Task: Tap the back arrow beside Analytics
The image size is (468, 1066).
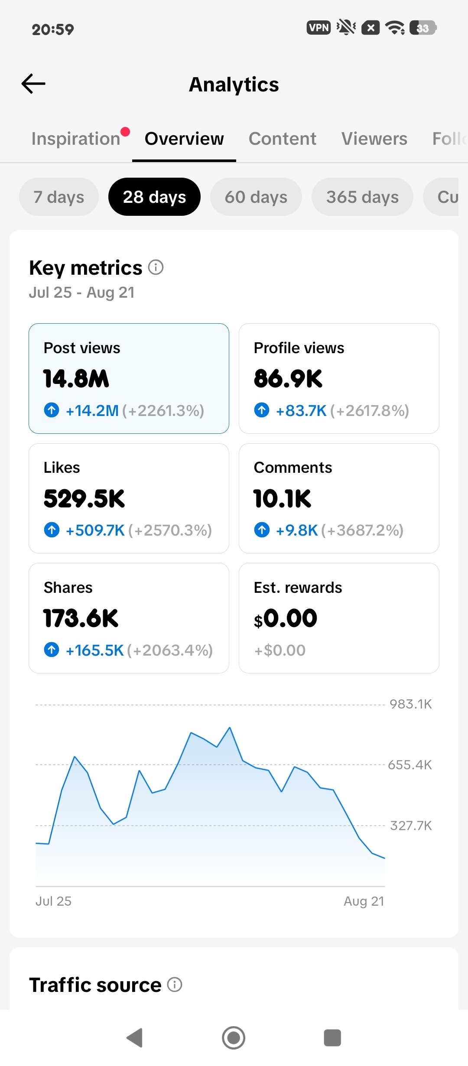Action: pos(33,84)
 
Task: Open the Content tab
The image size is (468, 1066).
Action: pos(282,139)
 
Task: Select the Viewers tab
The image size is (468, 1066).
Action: pos(374,139)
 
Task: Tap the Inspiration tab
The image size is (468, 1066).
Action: pos(76,139)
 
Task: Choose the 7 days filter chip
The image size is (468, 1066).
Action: pos(59,197)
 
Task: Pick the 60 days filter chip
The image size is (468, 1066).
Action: pos(256,197)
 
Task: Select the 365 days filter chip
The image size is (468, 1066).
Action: pos(362,197)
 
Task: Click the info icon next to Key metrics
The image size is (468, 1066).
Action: pos(156,267)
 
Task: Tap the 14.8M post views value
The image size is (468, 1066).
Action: pos(76,378)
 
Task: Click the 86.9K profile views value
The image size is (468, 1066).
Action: pos(288,378)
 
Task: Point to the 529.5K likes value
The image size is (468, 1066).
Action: pos(84,498)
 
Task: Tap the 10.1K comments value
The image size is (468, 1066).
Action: pos(283,498)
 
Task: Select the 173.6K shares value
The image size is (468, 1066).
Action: pos(81,618)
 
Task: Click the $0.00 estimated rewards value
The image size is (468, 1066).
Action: pos(286,618)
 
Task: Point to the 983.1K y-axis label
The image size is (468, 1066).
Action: pos(410,704)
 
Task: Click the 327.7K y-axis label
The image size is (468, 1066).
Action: pos(411,825)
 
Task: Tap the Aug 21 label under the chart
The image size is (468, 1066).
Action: pos(364,901)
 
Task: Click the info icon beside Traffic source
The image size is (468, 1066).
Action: pos(175,985)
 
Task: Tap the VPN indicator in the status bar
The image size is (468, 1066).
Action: pos(318,28)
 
